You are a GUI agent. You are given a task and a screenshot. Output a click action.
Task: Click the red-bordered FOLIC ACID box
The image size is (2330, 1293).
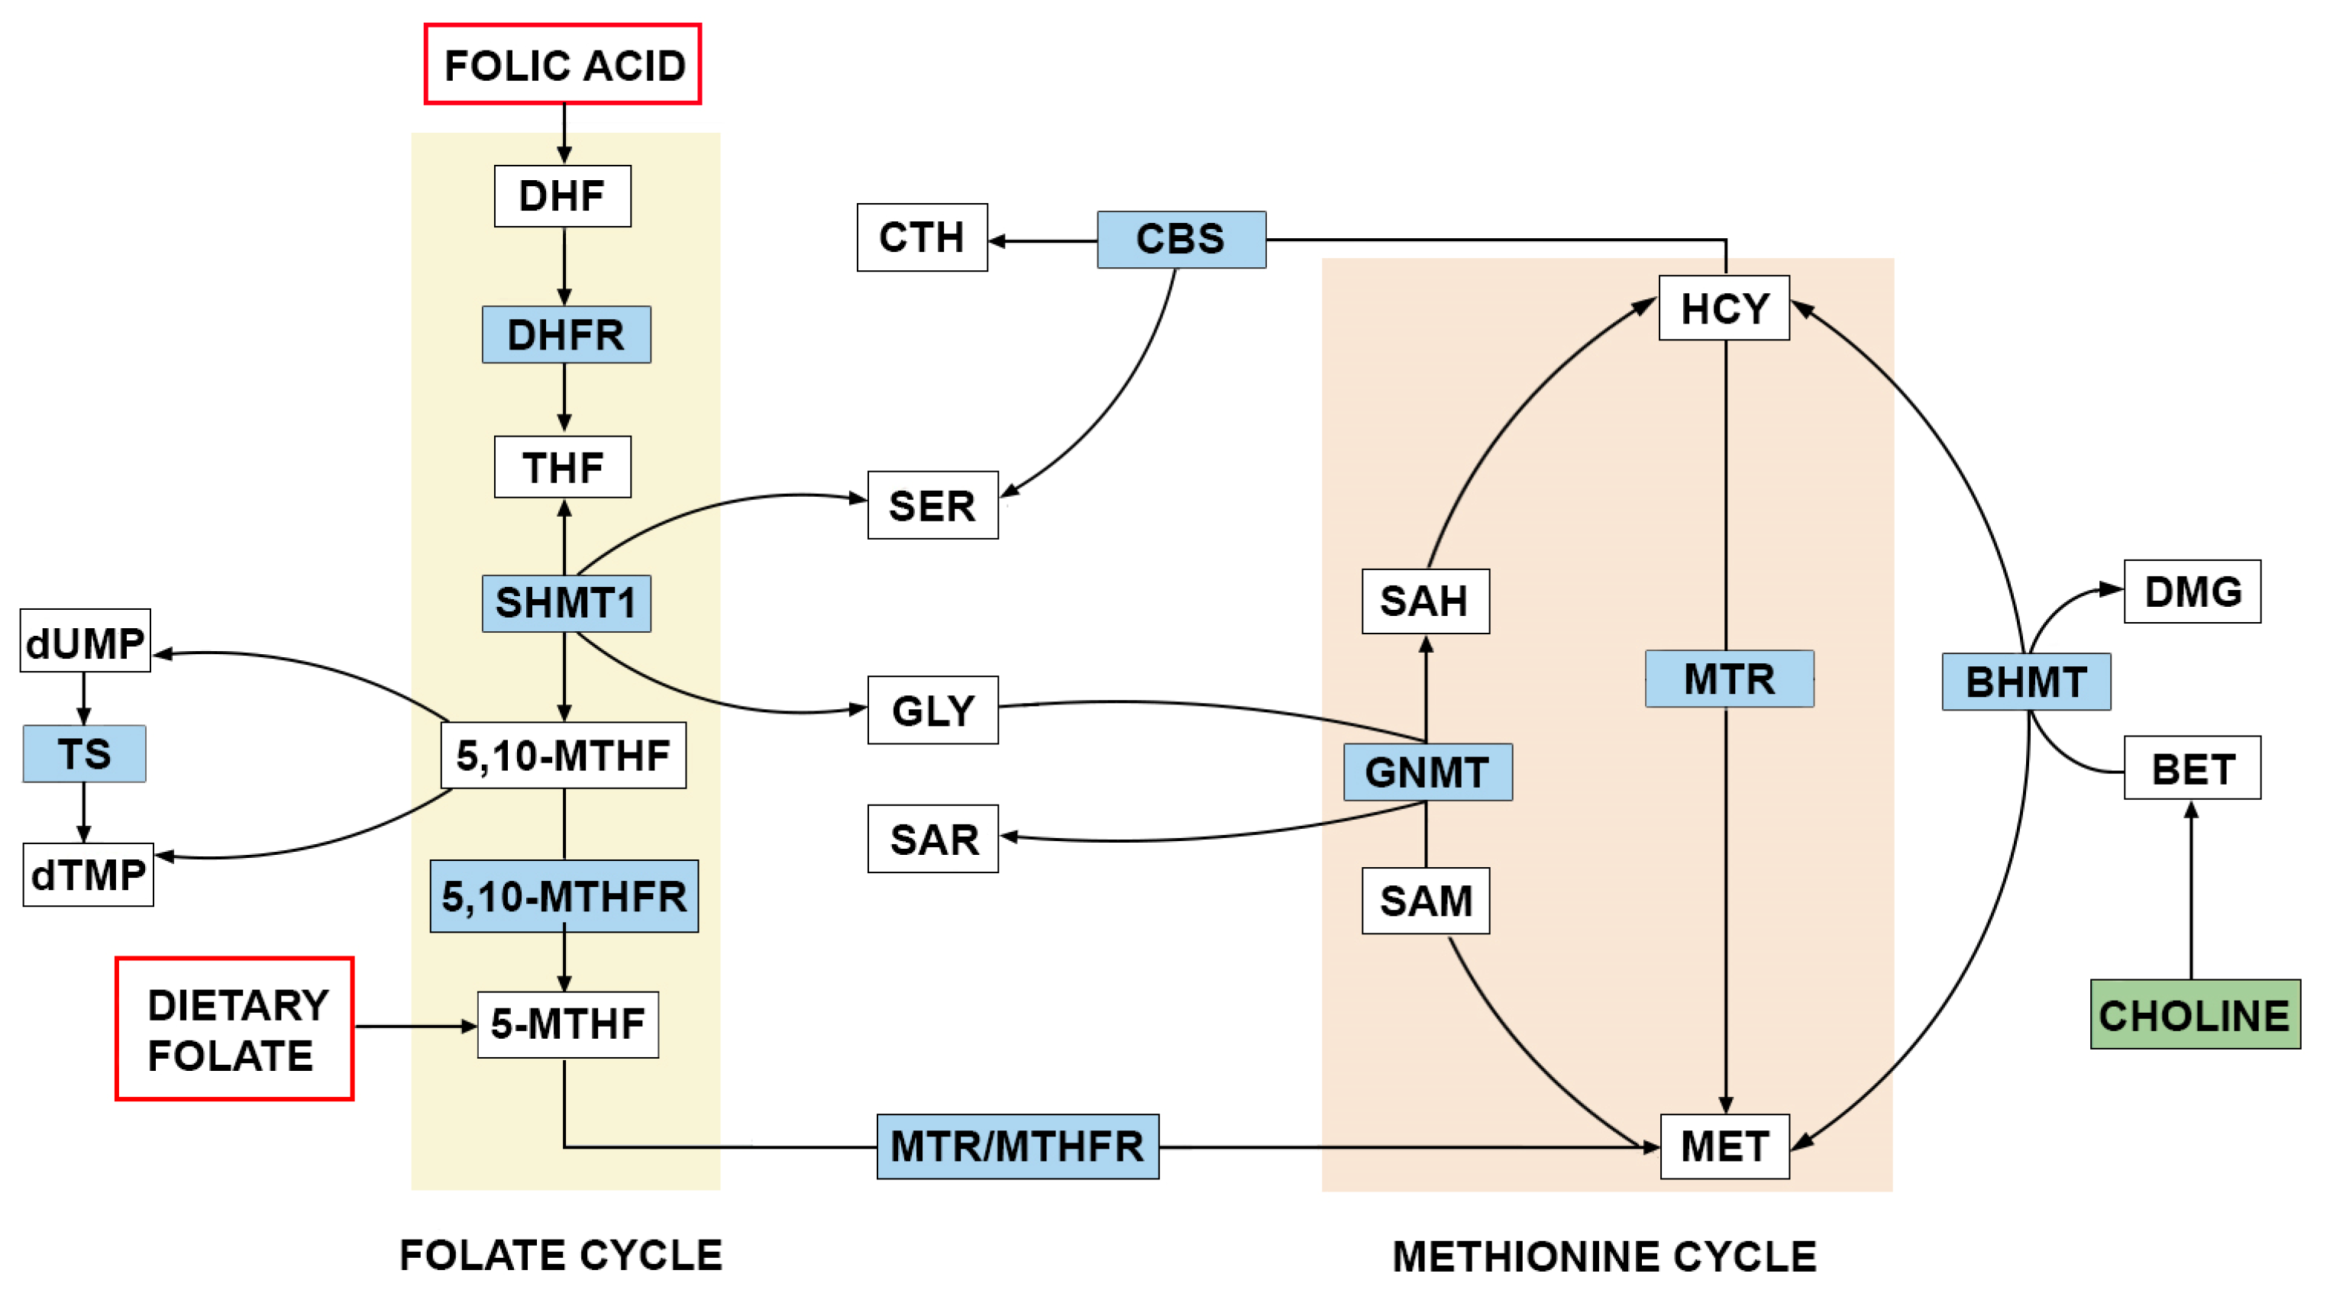pos(562,64)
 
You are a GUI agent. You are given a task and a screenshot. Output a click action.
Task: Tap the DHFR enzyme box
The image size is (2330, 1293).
pos(565,334)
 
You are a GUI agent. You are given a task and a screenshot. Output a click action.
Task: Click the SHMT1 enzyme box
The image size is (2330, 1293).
pos(565,602)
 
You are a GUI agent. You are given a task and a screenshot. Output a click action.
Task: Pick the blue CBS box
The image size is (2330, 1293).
pos(1181,240)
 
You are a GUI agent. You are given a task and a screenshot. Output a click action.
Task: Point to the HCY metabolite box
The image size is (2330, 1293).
pos(1723,308)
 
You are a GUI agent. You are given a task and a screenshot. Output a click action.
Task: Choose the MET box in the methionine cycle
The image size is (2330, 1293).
pos(1724,1146)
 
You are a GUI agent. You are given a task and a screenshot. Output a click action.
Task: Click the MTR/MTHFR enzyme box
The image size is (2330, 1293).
pos(1016,1146)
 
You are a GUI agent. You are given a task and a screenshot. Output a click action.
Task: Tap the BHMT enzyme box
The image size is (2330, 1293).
pos(2025,681)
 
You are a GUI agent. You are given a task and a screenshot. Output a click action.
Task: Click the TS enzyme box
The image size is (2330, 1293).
pos(84,753)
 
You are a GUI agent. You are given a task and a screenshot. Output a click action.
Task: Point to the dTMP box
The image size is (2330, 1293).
pos(88,875)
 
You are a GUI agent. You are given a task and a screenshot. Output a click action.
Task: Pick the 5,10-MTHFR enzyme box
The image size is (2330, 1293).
pos(564,895)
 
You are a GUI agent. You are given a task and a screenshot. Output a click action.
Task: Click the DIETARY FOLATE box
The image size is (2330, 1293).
pos(234,1028)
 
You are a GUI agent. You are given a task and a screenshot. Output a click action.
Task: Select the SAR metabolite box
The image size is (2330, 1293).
pos(932,838)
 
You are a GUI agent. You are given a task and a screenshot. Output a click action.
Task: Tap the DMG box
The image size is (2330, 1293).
pos(2192,592)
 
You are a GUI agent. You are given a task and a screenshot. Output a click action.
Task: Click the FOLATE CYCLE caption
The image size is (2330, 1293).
pos(561,1254)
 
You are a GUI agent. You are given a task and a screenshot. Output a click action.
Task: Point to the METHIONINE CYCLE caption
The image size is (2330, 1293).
pos(1604,1256)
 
